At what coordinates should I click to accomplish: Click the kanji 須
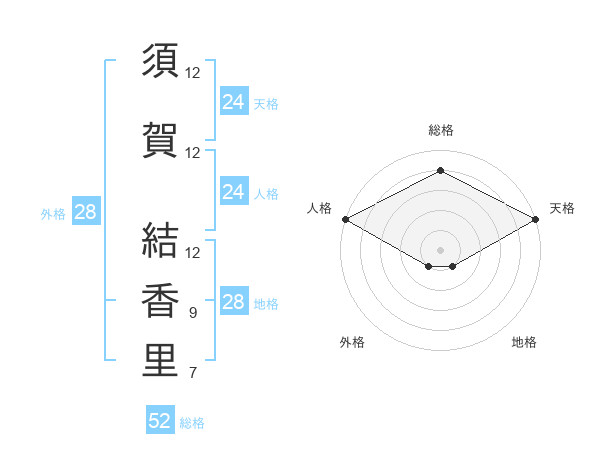pyautogui.click(x=160, y=60)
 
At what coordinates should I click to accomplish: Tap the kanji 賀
pyautogui.click(x=160, y=140)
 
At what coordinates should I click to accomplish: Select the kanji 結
pyautogui.click(x=160, y=240)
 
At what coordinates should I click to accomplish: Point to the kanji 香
pyautogui.click(x=160, y=300)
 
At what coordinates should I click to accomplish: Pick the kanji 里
pyautogui.click(x=160, y=360)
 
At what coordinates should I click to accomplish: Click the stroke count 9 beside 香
pyautogui.click(x=193, y=313)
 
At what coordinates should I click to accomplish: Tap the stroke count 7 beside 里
pyautogui.click(x=193, y=373)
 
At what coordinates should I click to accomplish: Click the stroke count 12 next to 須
pyautogui.click(x=192, y=73)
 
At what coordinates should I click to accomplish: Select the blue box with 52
pyautogui.click(x=160, y=419)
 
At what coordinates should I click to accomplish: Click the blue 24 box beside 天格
pyautogui.click(x=235, y=100)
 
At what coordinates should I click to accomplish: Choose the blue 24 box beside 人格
pyautogui.click(x=235, y=191)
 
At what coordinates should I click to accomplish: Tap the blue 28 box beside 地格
pyautogui.click(x=235, y=300)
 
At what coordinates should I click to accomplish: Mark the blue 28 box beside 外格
pyautogui.click(x=86, y=211)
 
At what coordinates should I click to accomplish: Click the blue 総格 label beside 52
pyautogui.click(x=192, y=423)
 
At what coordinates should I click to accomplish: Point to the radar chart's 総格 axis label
pyautogui.click(x=441, y=130)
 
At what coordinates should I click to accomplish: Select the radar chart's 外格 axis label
pyautogui.click(x=352, y=342)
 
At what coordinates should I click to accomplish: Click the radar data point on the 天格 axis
pyautogui.click(x=536, y=219)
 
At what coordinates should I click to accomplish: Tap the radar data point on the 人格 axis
pyautogui.click(x=346, y=219)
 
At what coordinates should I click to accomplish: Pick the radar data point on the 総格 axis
pyautogui.click(x=440, y=170)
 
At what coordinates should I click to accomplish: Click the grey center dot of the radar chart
pyautogui.click(x=440, y=250)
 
